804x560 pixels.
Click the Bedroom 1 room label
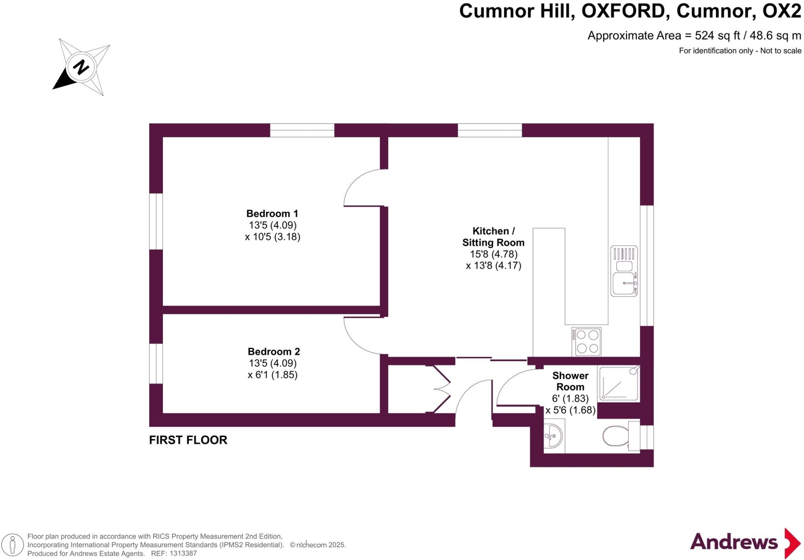[272, 213]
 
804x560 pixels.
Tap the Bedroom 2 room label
[274, 351]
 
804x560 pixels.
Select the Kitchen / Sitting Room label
[493, 237]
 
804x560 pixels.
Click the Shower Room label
[570, 381]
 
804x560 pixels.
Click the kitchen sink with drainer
[624, 271]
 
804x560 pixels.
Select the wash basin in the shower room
[554, 436]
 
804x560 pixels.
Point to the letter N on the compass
[81, 67]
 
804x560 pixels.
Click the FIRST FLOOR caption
[188, 440]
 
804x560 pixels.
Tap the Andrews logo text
[733, 542]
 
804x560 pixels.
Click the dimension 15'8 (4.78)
[493, 254]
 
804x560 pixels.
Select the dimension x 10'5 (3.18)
[272, 237]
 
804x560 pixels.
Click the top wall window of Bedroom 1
[302, 130]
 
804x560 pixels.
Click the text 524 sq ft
[717, 36]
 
